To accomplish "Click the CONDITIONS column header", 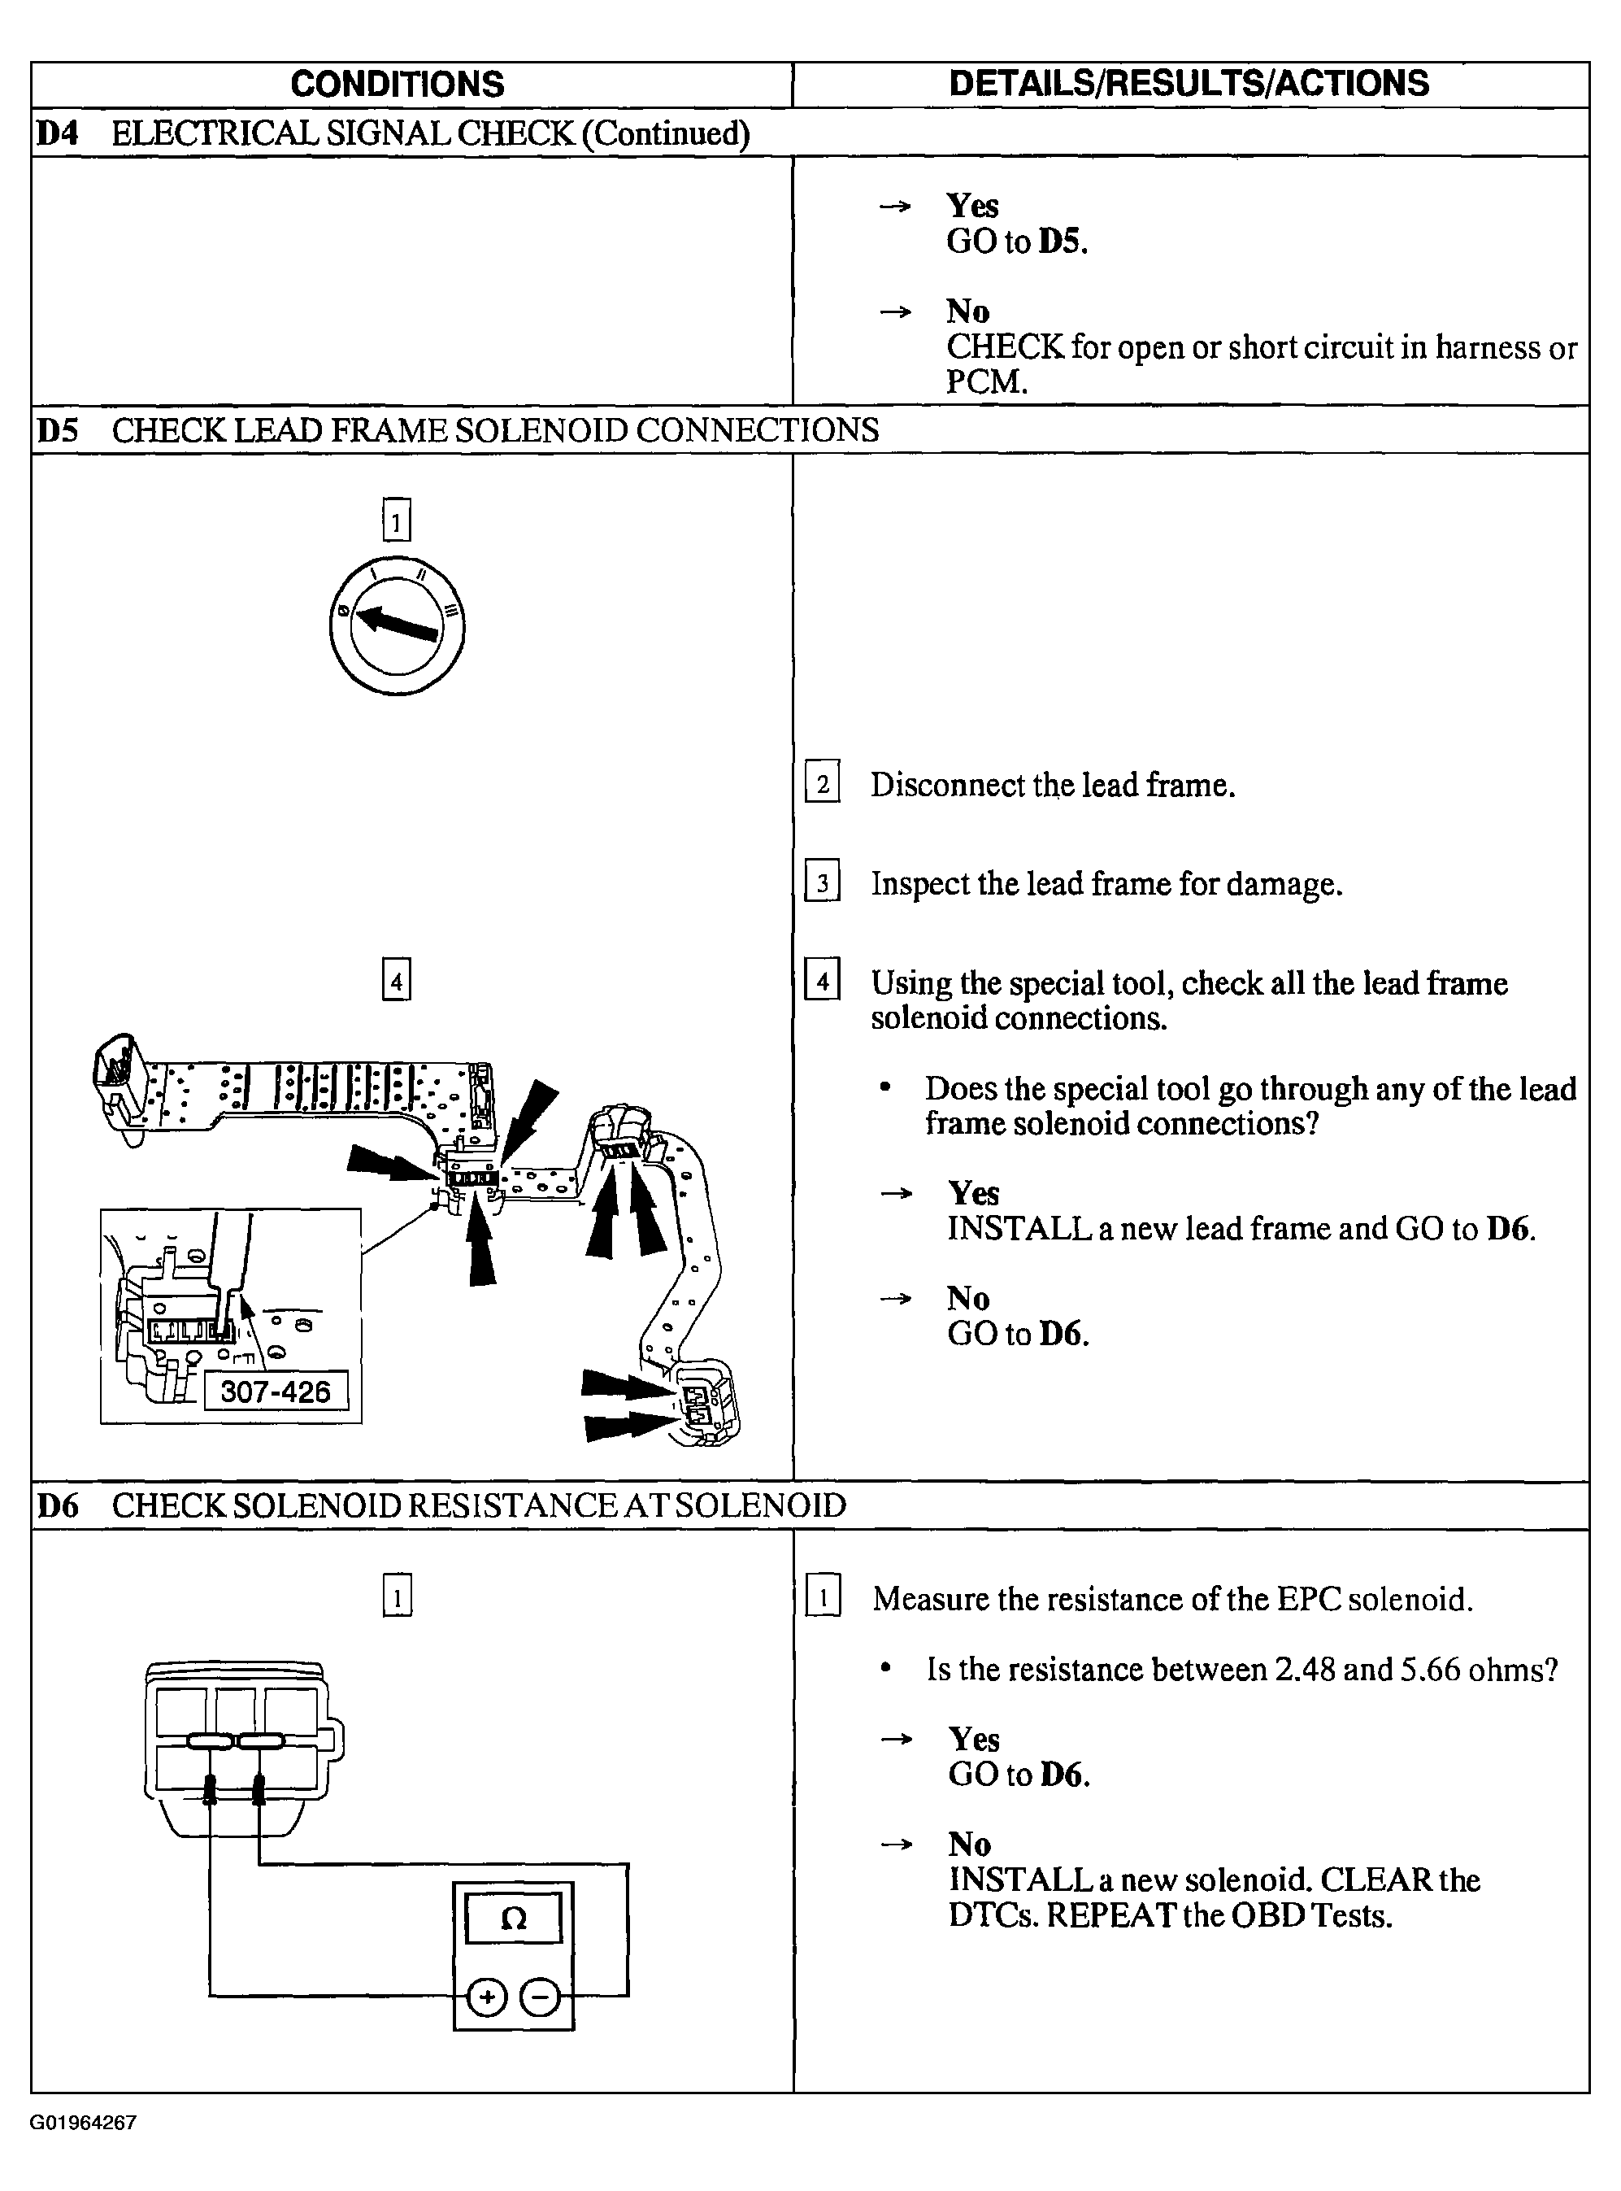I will pyautogui.click(x=397, y=85).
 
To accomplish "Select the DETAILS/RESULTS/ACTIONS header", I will pyautogui.click(x=1189, y=84).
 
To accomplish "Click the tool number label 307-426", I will pyautogui.click(x=275, y=1391).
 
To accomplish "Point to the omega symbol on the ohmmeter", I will pyautogui.click(x=513, y=1918).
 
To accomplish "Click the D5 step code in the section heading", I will pyautogui.click(x=57, y=430).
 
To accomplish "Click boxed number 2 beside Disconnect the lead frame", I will pyautogui.click(x=822, y=783).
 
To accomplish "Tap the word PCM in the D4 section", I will pyautogui.click(x=985, y=382).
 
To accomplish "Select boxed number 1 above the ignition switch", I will pyautogui.click(x=397, y=521).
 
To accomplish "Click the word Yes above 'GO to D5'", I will pyautogui.click(x=972, y=205).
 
